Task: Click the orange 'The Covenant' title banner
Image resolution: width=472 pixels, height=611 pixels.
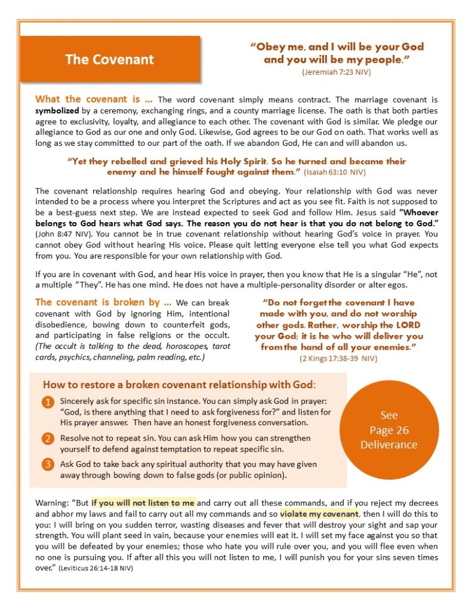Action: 110,59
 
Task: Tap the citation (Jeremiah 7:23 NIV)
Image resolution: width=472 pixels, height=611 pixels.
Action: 337,72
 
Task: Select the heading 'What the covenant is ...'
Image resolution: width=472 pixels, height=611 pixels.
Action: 94,100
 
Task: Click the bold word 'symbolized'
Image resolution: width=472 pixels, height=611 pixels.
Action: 57,110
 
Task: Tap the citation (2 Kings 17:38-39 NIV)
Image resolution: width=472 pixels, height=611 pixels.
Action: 338,358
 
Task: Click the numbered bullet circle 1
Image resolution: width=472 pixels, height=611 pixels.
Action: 48,402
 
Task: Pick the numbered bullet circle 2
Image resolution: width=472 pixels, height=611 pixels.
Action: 48,439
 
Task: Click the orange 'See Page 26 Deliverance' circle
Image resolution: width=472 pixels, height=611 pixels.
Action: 388,429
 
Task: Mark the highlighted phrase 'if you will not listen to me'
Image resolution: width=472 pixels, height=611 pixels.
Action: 143,503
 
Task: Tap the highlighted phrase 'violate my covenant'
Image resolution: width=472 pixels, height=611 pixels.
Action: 319,514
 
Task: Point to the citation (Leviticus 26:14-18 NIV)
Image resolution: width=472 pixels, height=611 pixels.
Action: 95,569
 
